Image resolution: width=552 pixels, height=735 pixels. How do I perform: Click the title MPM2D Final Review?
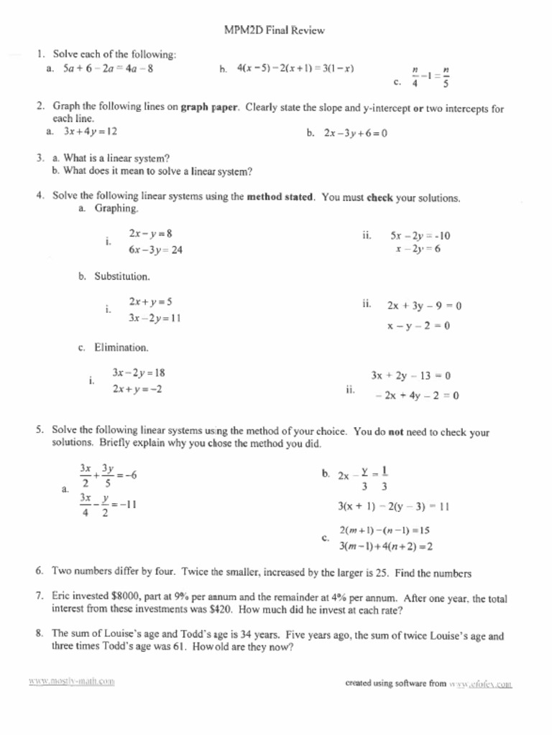[276, 30]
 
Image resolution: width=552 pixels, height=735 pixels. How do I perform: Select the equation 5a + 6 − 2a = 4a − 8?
[108, 70]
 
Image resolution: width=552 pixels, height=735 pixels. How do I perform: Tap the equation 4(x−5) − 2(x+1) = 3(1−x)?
[295, 69]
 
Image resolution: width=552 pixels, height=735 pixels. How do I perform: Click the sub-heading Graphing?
[116, 208]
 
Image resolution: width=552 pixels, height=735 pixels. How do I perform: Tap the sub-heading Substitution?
[122, 276]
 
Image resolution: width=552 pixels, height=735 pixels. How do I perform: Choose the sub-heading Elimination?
[121, 347]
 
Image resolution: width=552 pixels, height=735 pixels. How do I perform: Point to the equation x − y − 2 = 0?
[418, 326]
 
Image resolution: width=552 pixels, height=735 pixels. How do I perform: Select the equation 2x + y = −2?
[137, 389]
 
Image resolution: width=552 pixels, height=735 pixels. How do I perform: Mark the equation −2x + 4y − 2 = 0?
[417, 395]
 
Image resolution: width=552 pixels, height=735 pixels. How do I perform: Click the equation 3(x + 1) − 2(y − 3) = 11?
[393, 505]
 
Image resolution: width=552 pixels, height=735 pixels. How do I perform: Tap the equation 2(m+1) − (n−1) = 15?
[385, 530]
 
